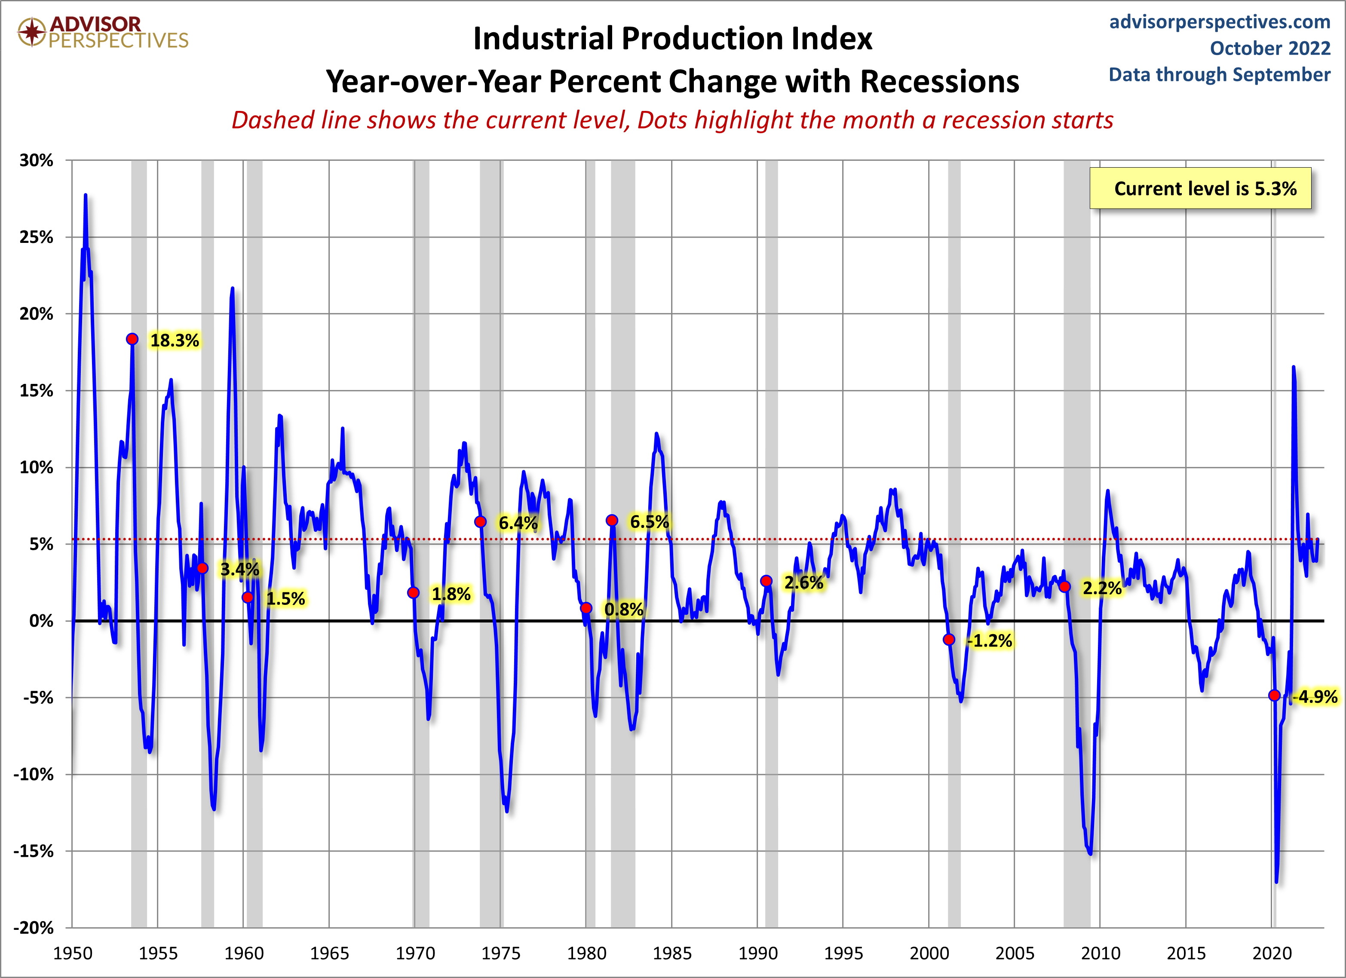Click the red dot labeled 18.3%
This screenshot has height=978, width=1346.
[132, 339]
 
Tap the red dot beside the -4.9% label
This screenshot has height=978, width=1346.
[1274, 695]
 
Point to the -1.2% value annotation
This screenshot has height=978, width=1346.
[989, 641]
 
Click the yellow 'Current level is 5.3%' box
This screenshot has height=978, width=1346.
[1200, 189]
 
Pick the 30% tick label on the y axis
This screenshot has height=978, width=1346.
[36, 160]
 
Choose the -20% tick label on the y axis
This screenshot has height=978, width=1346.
[34, 928]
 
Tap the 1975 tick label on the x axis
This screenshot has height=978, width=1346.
[501, 953]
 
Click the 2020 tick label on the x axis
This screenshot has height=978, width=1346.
[1271, 953]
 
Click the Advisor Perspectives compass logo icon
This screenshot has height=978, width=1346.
[31, 31]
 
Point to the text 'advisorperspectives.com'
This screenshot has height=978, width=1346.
[1220, 22]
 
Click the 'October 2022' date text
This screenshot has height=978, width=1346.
[1270, 48]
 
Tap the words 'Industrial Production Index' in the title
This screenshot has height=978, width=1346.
[672, 39]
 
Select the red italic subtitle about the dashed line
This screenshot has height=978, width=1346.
[672, 120]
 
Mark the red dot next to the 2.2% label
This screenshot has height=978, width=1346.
[1065, 586]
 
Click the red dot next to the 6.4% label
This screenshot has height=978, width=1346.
[481, 521]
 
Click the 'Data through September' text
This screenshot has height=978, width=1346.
[1220, 74]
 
